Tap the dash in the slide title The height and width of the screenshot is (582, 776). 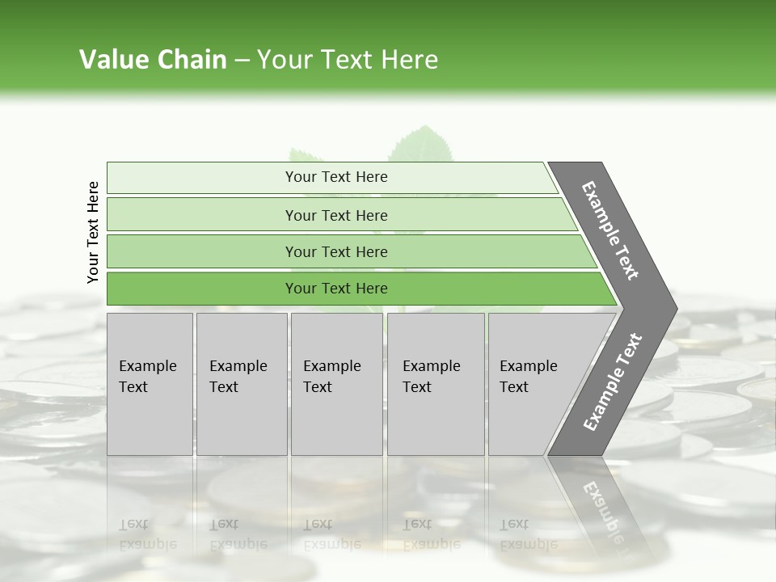coord(242,61)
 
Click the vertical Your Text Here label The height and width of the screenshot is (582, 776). coord(93,232)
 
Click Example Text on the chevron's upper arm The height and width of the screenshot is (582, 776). coord(610,230)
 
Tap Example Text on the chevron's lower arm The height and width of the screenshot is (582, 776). coord(613,382)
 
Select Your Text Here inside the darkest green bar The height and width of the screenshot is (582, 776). coord(336,289)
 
